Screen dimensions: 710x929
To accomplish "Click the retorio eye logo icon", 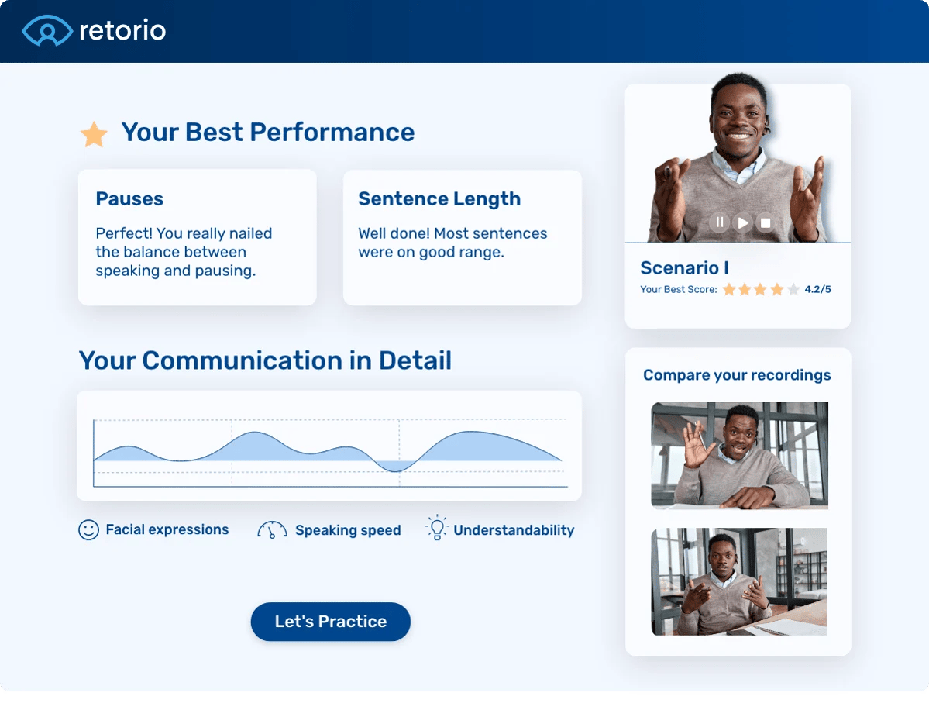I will click(x=47, y=31).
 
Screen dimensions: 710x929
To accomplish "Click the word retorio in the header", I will click(x=122, y=31).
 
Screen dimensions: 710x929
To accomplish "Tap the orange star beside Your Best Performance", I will click(x=95, y=134).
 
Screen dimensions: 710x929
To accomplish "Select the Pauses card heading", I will click(x=129, y=199).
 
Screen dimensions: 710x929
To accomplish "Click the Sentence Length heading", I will click(x=439, y=199).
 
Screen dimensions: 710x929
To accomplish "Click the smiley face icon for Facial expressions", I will click(x=88, y=530).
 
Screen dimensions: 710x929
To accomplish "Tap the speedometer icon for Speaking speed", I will click(x=272, y=530).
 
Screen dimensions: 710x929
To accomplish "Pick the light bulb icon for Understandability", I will click(x=437, y=528).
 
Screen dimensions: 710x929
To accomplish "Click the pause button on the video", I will click(x=720, y=222).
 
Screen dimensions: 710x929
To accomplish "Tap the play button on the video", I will click(x=743, y=222).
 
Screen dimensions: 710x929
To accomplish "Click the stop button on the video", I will click(x=766, y=222).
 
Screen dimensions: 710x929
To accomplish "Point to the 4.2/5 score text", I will click(x=817, y=289).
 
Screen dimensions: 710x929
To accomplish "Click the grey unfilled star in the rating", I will click(x=793, y=289).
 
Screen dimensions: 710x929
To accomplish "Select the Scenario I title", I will click(x=684, y=268).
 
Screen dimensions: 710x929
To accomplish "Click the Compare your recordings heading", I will click(x=737, y=375).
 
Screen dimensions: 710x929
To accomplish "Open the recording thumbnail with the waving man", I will click(x=739, y=455).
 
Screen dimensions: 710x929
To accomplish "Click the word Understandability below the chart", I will click(x=514, y=530).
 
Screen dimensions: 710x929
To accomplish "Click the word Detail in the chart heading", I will click(x=415, y=360).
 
